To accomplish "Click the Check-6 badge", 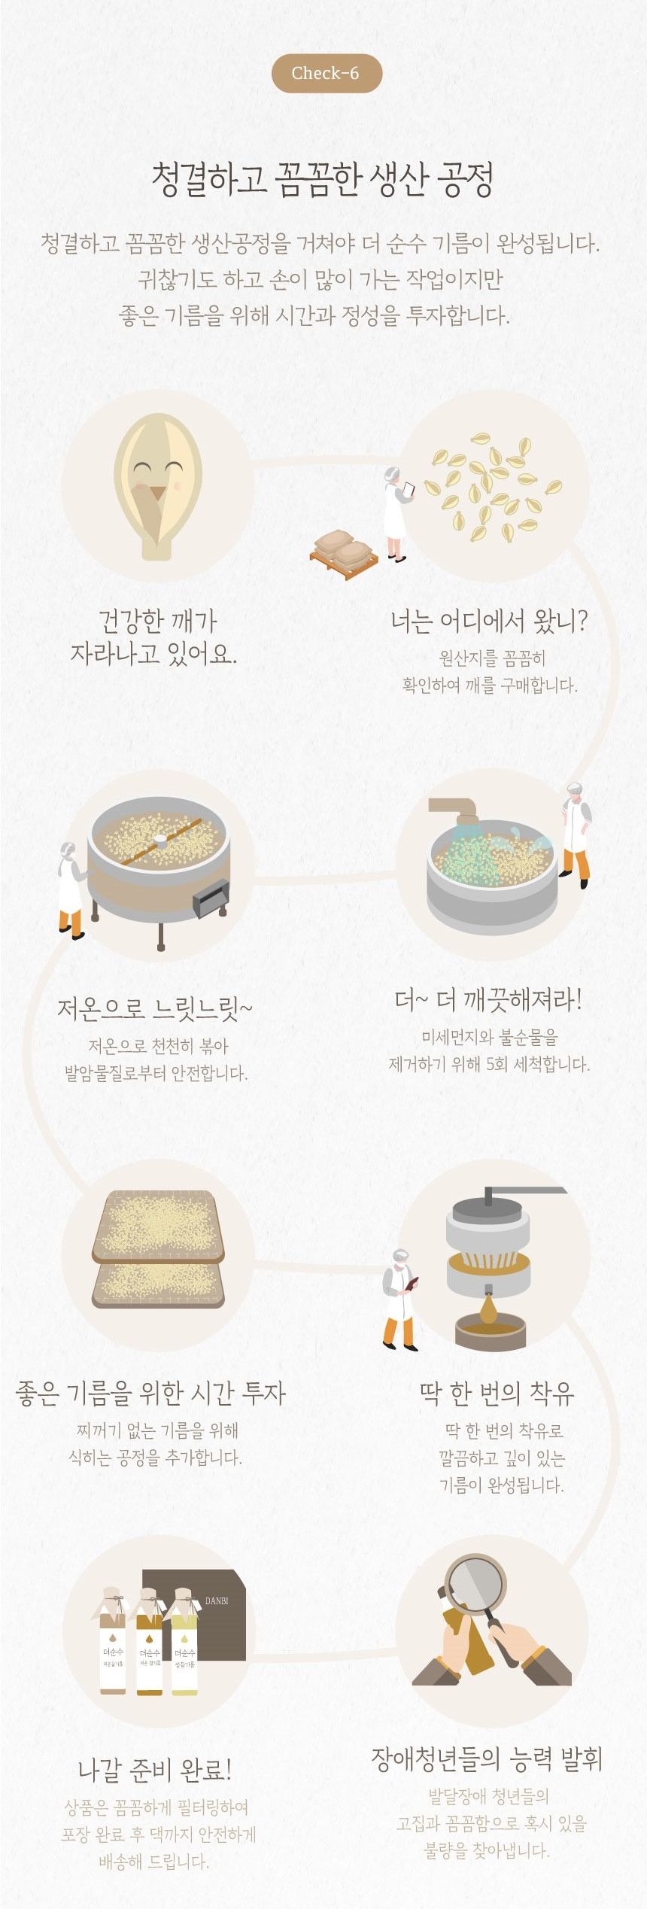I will click(326, 73).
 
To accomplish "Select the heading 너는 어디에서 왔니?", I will click(488, 622).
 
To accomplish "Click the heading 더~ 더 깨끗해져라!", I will click(488, 1001).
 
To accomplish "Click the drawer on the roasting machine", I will click(211, 898).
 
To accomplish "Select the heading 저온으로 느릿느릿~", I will click(155, 1009).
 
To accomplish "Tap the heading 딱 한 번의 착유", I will click(497, 1393).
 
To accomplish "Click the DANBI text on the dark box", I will click(217, 1600).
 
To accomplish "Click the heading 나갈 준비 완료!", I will click(155, 1770).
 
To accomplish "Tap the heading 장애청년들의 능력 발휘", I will click(487, 1759).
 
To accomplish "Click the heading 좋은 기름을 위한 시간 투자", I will click(150, 1393).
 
